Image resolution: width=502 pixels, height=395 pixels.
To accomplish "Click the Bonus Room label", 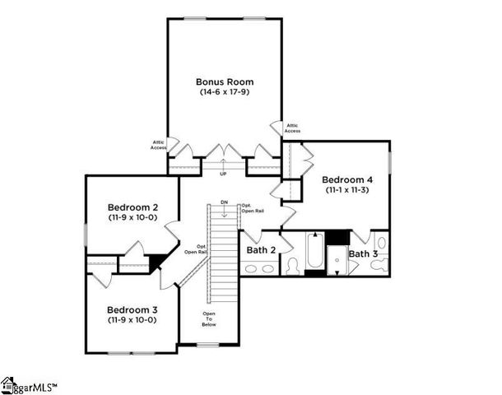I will coord(224,81).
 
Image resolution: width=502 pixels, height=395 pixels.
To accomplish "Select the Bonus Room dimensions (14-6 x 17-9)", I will coord(224,92).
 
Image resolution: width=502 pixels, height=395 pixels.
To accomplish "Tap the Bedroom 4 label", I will coord(346,179).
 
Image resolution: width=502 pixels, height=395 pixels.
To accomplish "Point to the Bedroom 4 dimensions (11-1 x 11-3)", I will coord(346,190).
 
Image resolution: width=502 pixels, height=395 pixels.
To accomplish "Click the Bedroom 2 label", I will coord(132,207).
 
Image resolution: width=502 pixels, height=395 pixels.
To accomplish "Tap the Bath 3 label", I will coord(363,254).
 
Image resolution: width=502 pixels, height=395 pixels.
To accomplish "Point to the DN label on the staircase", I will coord(223,202).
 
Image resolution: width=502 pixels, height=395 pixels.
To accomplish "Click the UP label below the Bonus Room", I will coord(222,174).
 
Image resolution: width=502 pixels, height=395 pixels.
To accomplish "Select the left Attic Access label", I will coord(159,144).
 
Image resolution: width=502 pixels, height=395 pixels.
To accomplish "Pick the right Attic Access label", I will coord(292,128).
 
